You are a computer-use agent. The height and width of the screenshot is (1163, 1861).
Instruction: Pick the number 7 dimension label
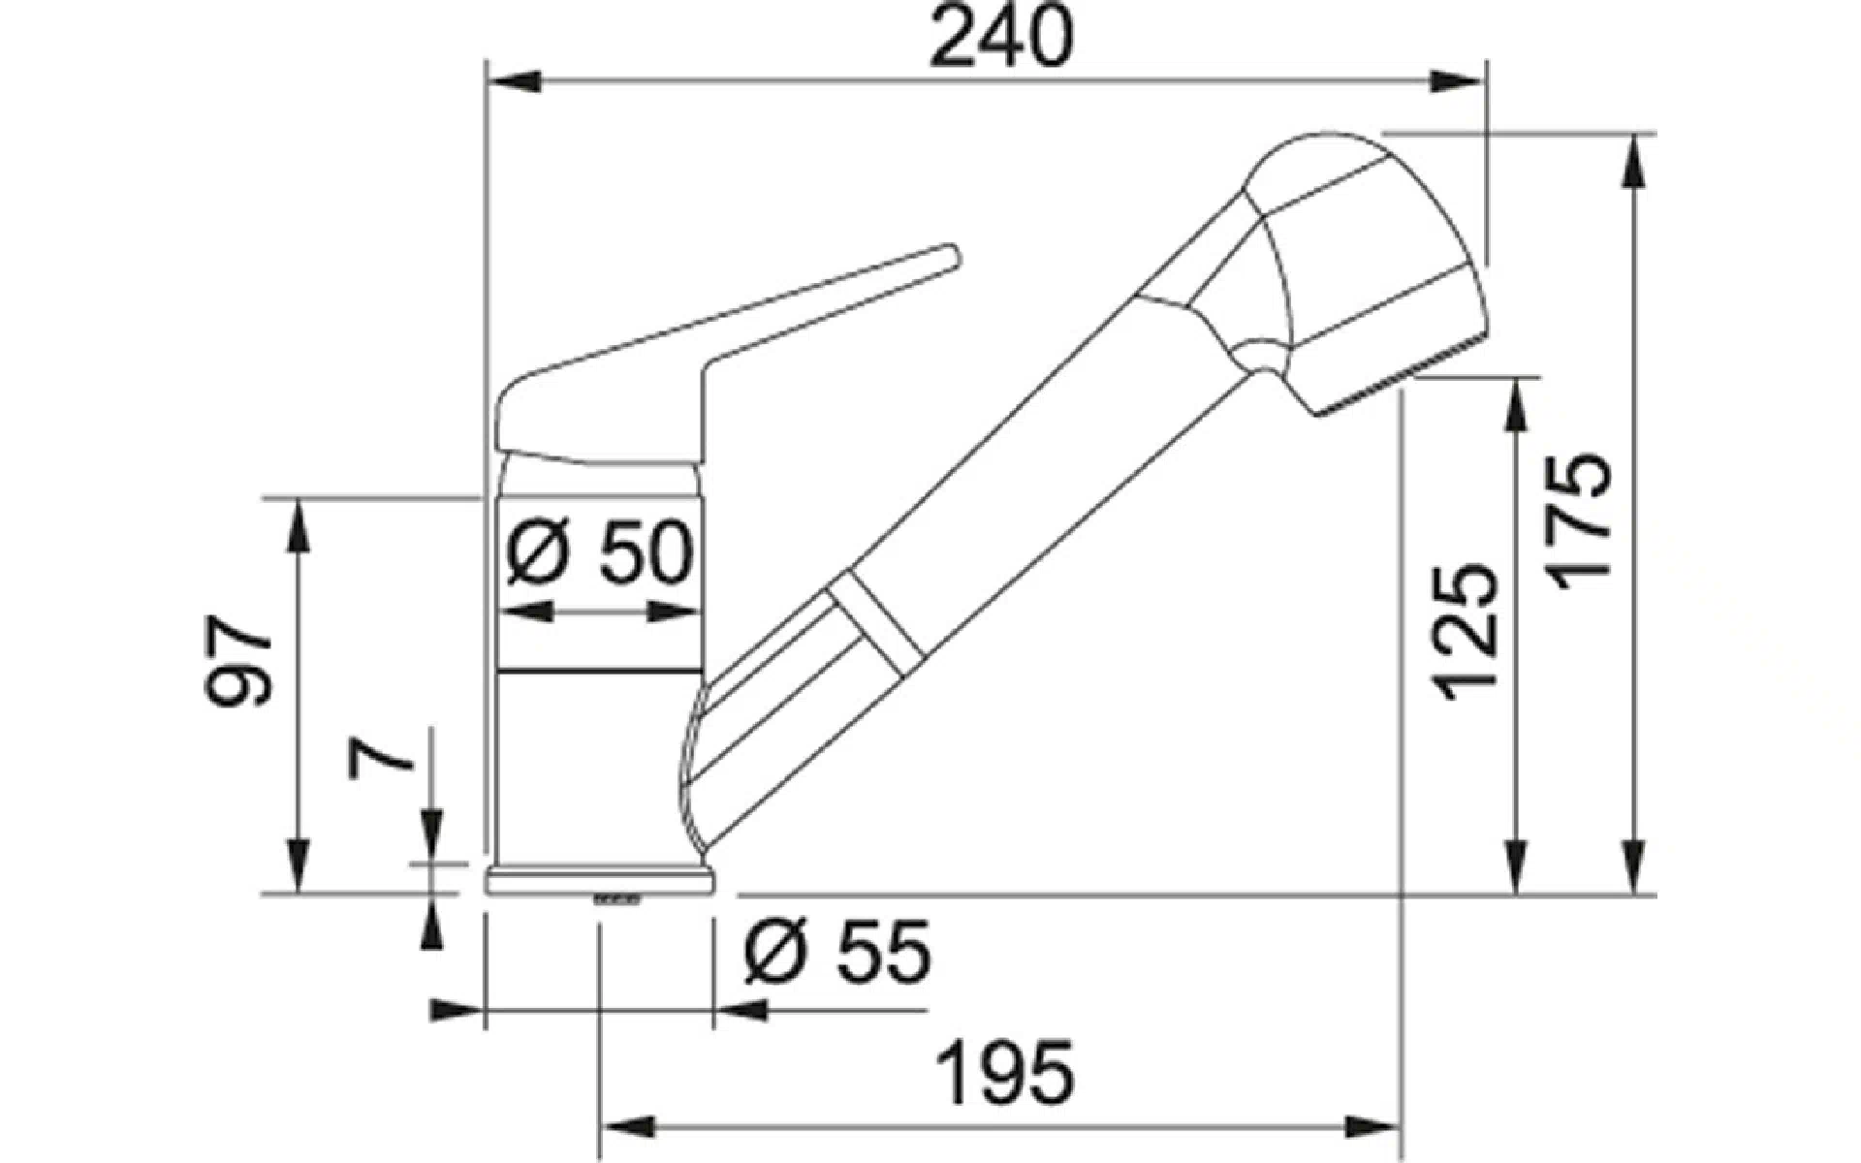pyautogui.click(x=382, y=759)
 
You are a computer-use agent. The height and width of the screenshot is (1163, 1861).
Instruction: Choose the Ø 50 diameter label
pyautogui.click(x=600, y=552)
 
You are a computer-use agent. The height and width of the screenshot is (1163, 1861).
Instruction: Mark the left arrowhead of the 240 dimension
pyautogui.click(x=512, y=81)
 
